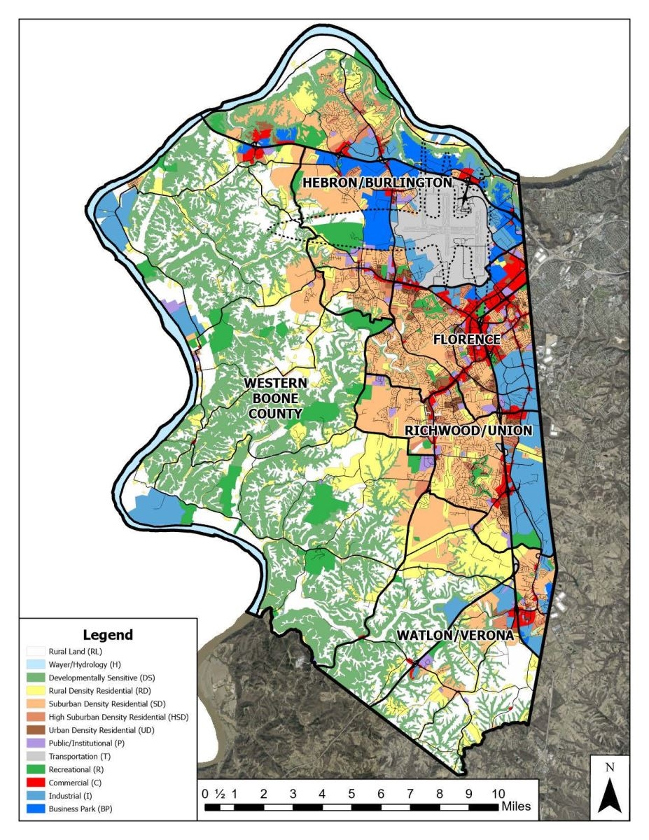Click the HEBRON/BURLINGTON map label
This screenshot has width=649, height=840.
pyautogui.click(x=377, y=183)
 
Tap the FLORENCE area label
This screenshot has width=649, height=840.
pyautogui.click(x=466, y=339)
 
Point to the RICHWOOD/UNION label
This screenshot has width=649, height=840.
pyautogui.click(x=469, y=430)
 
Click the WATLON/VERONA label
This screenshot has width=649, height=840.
pyautogui.click(x=455, y=635)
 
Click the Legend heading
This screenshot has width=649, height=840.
pyautogui.click(x=107, y=635)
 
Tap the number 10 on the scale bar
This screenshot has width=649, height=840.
pyautogui.click(x=498, y=794)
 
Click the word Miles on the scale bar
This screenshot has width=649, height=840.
pyautogui.click(x=516, y=806)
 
